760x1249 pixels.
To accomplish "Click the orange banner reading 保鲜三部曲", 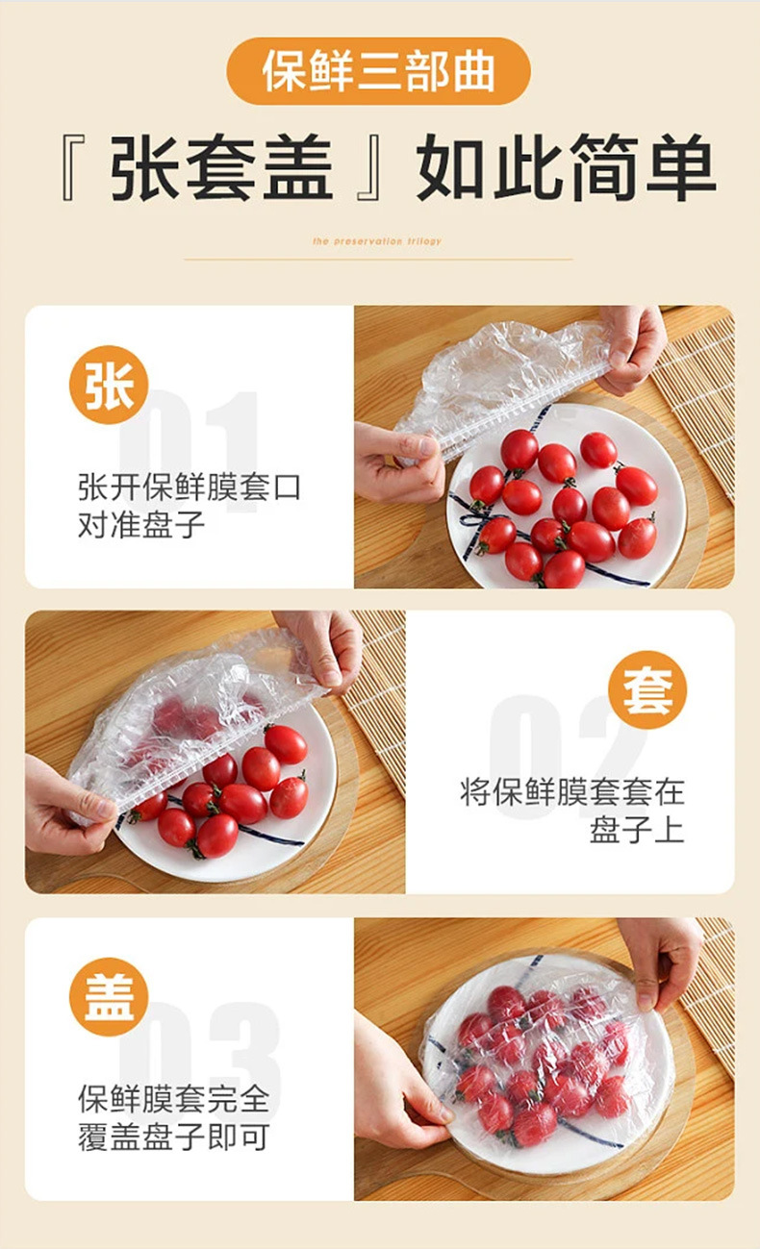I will [x=378, y=71].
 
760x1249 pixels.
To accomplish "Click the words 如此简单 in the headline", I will [x=566, y=169].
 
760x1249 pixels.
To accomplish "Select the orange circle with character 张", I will [x=109, y=385].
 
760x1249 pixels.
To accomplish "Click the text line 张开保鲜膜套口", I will [x=190, y=487].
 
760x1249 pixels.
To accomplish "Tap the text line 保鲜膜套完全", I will [x=173, y=1098].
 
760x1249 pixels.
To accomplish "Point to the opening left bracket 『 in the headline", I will [x=74, y=169].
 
